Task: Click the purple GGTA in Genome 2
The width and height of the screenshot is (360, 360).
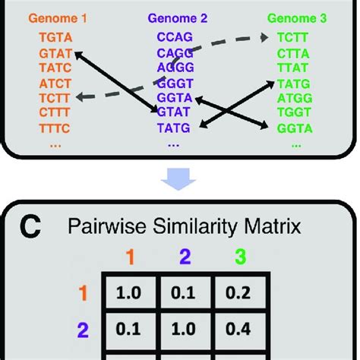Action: click(173, 99)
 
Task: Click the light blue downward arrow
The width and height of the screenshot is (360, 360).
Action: click(180, 178)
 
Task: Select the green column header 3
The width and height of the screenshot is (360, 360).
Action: click(241, 257)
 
